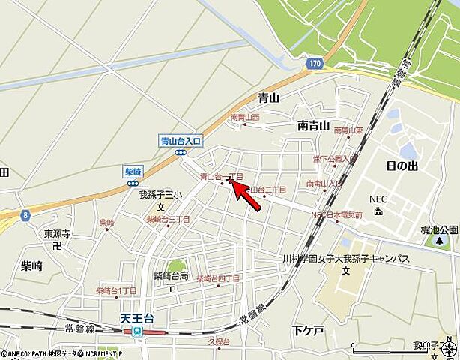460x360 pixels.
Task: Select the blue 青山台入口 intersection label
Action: [x=181, y=140]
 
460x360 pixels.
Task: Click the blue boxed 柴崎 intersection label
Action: [x=133, y=171]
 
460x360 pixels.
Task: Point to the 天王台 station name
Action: [x=136, y=318]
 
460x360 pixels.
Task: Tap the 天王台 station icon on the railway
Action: [x=137, y=331]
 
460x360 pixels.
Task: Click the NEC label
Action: [x=377, y=199]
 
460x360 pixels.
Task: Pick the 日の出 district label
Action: [x=402, y=166]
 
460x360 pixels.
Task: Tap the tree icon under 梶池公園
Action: [x=439, y=241]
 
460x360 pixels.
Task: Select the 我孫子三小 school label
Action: [x=160, y=194]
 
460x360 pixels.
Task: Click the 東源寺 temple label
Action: [x=57, y=233]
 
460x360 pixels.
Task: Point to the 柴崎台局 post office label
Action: [x=171, y=275]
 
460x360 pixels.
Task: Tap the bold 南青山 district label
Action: [x=313, y=125]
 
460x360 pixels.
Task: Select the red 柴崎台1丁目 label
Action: [x=116, y=291]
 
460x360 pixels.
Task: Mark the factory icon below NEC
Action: [x=378, y=211]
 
